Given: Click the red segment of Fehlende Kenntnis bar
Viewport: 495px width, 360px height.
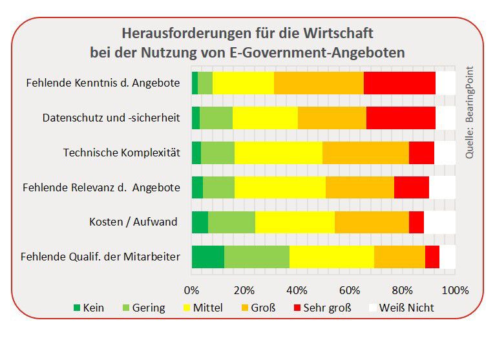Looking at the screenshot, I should point(399,83).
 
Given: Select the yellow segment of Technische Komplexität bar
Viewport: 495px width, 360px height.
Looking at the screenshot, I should point(278,153).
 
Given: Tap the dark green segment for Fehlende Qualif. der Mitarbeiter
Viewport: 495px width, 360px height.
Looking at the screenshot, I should point(207,257).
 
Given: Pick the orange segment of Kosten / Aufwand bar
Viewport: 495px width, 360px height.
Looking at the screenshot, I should point(372,222).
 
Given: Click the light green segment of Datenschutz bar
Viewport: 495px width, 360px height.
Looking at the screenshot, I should point(216,118).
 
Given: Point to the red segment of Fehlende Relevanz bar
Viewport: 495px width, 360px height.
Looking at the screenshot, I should point(411,187).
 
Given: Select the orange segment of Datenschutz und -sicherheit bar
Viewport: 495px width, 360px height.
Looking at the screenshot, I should point(332,118).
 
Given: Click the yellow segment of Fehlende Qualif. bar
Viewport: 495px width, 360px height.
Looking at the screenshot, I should point(332,257).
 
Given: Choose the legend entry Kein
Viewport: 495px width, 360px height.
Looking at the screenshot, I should point(88,308).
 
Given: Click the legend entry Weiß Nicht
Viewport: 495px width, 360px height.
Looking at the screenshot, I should point(401,308).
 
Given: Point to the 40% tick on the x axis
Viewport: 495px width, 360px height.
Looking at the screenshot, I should point(297,289).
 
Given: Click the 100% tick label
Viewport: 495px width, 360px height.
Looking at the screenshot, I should point(455,289).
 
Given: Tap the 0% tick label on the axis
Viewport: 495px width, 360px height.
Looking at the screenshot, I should point(192,289).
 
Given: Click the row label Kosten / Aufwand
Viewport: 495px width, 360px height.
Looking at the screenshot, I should point(133,222).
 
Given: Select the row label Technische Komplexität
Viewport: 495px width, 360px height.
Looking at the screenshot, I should point(121,153).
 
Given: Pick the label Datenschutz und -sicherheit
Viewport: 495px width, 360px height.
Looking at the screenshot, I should point(111,118).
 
